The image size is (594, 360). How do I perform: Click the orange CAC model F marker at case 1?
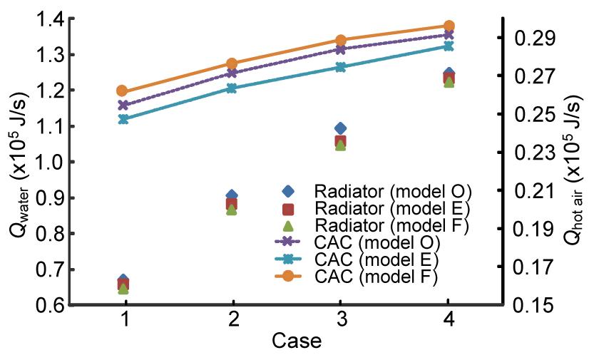click(123, 91)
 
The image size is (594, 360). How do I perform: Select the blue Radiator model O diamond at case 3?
click(340, 129)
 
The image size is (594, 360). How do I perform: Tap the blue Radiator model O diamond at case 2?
click(232, 195)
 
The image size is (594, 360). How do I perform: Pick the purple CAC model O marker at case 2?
click(232, 73)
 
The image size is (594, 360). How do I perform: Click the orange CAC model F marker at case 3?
click(340, 41)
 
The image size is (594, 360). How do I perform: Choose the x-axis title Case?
click(297, 341)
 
